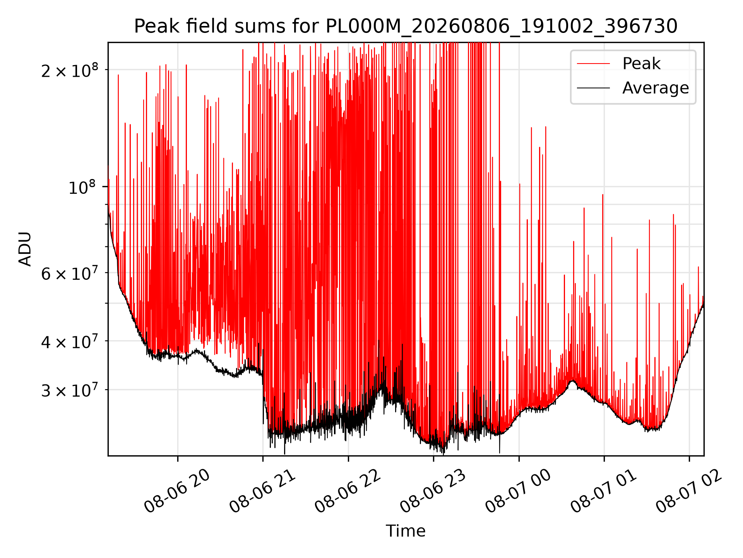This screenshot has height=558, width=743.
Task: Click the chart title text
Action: tap(406, 26)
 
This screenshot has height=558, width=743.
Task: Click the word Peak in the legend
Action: tap(641, 64)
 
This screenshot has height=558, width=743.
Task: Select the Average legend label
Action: tap(656, 88)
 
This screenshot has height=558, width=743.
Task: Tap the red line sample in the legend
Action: tap(593, 64)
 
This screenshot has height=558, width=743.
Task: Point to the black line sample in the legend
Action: tap(593, 88)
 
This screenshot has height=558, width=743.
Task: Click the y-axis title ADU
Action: tap(25, 249)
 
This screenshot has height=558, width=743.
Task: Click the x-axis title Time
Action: tap(406, 531)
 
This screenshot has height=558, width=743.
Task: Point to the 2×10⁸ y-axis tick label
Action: tap(70, 70)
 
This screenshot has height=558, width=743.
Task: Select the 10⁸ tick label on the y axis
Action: tap(82, 187)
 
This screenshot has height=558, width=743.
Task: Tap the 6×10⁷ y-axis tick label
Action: tap(70, 273)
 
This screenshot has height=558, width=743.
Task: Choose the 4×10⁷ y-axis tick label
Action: tap(70, 341)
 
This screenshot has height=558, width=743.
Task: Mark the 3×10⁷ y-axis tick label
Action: tap(70, 390)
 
